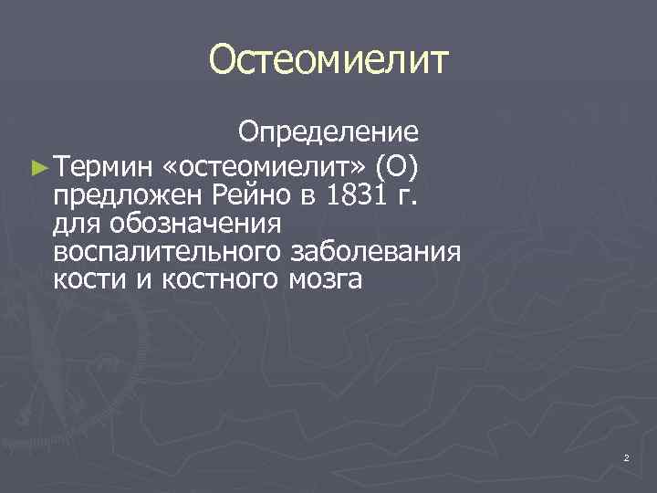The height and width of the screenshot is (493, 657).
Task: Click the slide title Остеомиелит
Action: point(328,60)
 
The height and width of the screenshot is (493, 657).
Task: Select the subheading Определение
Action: point(328,133)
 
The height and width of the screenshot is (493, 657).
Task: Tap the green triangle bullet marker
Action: point(37,165)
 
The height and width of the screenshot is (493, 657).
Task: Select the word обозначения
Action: point(194,222)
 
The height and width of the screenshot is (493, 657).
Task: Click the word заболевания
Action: point(376,250)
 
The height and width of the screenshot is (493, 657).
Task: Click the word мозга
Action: point(328,278)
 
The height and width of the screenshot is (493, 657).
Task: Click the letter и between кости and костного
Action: point(145,278)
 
